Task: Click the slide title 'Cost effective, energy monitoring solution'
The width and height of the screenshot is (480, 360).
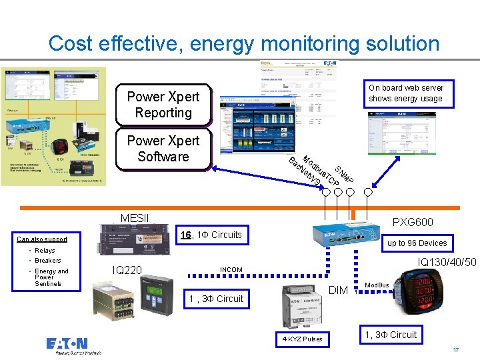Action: (244, 44)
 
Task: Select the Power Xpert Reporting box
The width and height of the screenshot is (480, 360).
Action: (163, 105)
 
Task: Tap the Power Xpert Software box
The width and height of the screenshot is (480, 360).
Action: (163, 149)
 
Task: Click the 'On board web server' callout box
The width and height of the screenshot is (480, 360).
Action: (405, 93)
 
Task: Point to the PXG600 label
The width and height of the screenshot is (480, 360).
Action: (412, 222)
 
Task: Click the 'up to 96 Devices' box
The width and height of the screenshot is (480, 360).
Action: (417, 243)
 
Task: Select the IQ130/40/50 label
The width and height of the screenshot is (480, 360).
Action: (447, 262)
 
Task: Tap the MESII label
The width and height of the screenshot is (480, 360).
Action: (135, 218)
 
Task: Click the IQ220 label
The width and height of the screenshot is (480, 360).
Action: (126, 269)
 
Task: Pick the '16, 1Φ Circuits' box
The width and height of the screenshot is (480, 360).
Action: (211, 235)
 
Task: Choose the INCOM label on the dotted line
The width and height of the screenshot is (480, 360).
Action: (231, 270)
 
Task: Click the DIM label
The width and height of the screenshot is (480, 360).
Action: (339, 290)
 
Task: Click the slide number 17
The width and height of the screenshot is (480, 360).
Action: (456, 350)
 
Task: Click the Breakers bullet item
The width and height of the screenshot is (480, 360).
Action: (47, 261)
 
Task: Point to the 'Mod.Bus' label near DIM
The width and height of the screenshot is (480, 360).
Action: (377, 285)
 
